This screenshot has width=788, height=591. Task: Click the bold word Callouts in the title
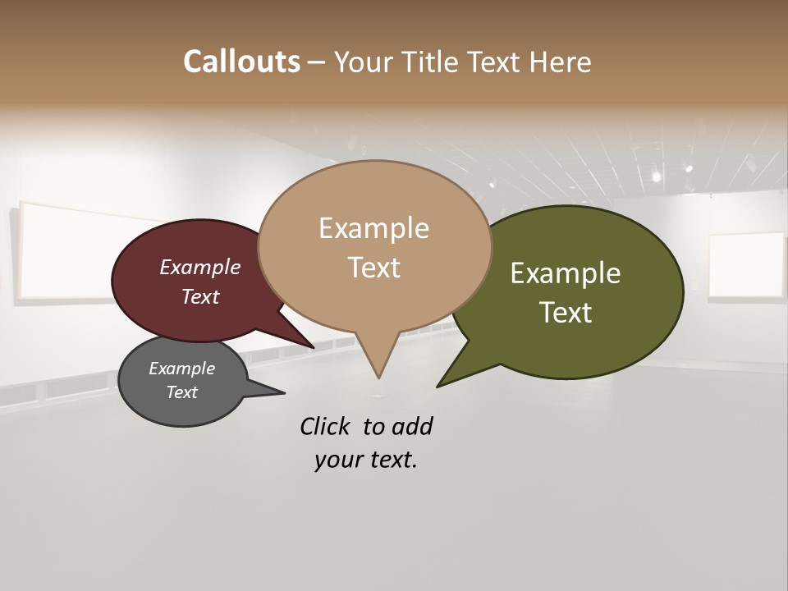coord(241,62)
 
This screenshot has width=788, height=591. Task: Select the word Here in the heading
coord(561,62)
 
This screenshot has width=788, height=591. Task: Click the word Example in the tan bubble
coord(373,228)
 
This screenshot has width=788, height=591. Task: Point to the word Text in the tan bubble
coord(373,268)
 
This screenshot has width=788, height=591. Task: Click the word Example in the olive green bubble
coord(566,273)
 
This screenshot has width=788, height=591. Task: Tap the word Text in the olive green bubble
coord(566,313)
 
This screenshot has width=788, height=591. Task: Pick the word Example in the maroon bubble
coord(200,267)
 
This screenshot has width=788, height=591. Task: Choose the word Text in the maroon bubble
coord(200,296)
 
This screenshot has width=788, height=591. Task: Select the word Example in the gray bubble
coord(181,369)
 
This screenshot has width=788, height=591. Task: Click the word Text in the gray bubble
coord(181,392)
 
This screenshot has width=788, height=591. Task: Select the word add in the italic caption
coord(412,426)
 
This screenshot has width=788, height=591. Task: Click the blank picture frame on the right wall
coord(745,265)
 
